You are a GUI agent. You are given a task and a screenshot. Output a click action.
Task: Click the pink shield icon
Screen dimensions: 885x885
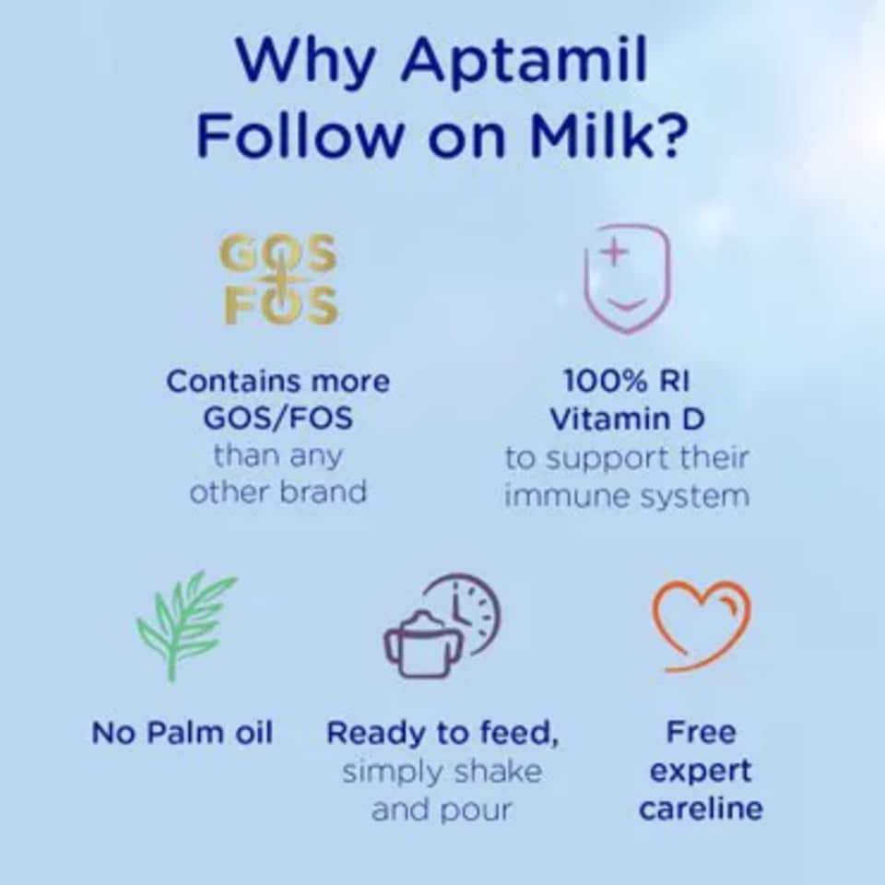[627, 277]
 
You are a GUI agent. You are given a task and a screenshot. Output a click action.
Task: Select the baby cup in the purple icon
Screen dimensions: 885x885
[422, 644]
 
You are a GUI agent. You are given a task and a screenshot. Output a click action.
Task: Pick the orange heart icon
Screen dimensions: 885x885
[702, 624]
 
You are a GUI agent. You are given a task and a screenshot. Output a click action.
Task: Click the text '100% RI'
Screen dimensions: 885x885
[627, 382]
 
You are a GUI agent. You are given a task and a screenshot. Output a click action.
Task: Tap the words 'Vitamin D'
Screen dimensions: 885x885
[627, 419]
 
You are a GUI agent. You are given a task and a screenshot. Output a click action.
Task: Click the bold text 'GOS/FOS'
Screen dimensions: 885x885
[277, 419]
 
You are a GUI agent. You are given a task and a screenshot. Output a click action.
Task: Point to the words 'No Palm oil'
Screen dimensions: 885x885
[183, 733]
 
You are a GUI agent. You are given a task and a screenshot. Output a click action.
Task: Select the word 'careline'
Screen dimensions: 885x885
[701, 809]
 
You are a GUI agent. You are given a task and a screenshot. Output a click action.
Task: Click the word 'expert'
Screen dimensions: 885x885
[701, 772]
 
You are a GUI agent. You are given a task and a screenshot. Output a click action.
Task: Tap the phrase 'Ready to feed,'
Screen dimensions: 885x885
[442, 734]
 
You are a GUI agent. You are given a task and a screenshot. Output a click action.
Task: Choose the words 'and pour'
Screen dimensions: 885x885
[442, 809]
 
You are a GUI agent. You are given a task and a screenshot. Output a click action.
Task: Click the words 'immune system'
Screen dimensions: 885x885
[627, 497]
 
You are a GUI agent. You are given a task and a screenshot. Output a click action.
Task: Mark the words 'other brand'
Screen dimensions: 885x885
[277, 492]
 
